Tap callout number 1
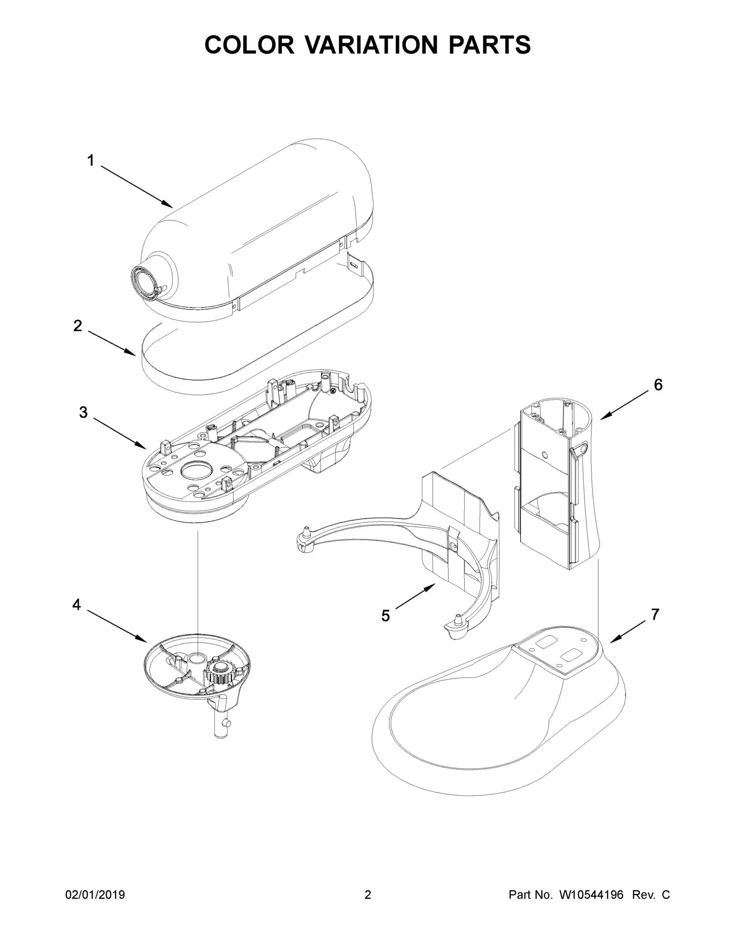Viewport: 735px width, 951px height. tap(91, 160)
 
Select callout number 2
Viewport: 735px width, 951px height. tap(78, 326)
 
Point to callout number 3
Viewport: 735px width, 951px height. tap(83, 412)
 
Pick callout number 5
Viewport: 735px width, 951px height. tap(386, 616)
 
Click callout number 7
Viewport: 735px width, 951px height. tap(655, 615)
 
